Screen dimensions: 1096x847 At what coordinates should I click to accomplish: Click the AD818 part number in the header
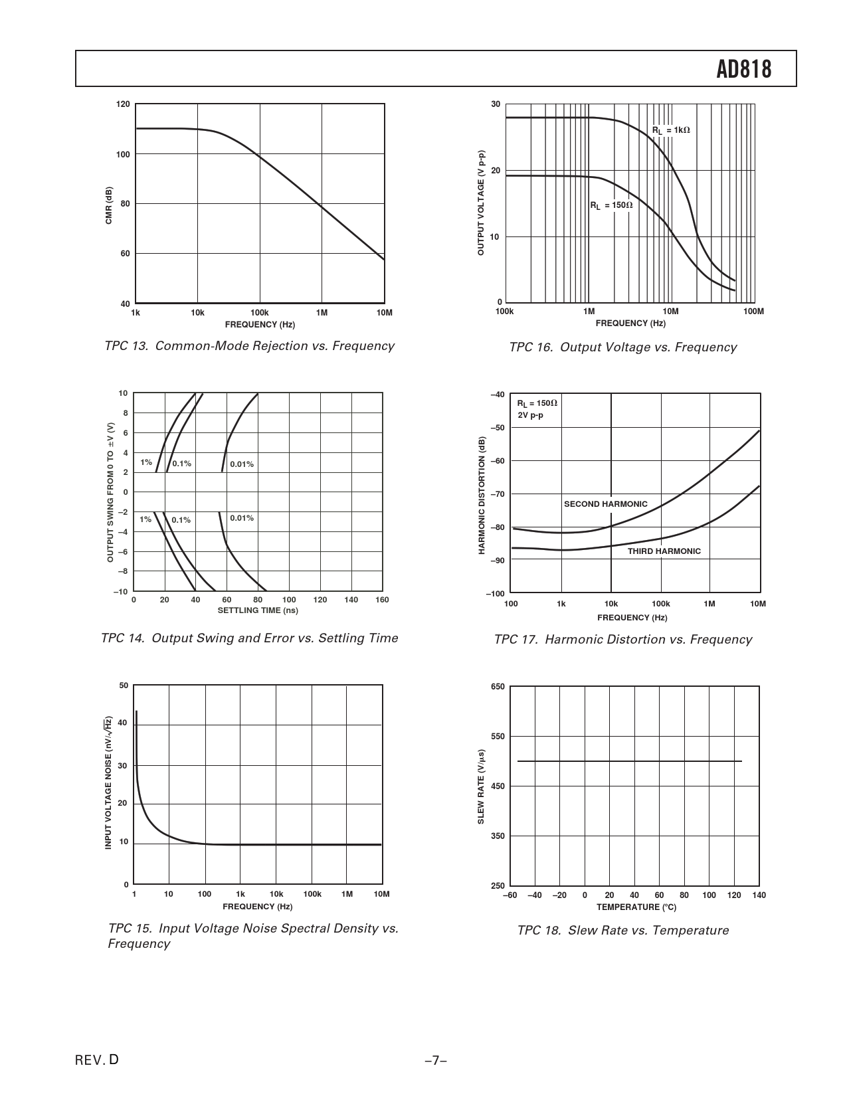point(743,69)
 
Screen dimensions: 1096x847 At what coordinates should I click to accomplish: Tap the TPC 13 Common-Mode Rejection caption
point(249,346)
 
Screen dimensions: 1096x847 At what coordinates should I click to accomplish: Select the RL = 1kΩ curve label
point(670,130)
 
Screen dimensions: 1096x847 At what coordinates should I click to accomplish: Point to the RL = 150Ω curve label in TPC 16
point(611,205)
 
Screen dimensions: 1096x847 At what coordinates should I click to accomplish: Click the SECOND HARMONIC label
point(605,504)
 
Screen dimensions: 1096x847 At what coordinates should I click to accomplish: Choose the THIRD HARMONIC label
point(664,551)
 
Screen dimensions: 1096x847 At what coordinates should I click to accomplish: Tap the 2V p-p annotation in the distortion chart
point(530,416)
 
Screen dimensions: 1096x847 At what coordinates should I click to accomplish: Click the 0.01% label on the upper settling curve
point(242,464)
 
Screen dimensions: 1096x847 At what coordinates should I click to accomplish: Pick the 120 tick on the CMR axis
point(123,104)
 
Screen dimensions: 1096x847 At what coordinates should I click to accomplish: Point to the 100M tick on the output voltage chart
point(753,312)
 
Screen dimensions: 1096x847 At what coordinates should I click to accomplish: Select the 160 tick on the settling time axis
point(382,600)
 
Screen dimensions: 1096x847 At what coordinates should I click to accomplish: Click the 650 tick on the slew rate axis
point(498,687)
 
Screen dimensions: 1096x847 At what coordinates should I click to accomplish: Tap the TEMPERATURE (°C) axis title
point(636,907)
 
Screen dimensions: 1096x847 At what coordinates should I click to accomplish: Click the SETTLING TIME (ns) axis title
point(258,610)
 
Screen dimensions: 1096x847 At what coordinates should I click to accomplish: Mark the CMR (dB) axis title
point(109,205)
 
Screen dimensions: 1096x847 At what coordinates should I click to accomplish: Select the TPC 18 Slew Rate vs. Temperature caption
point(622,931)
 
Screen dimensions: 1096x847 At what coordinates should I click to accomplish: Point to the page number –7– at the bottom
point(435,1061)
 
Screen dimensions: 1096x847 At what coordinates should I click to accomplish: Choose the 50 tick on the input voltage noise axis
point(123,685)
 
